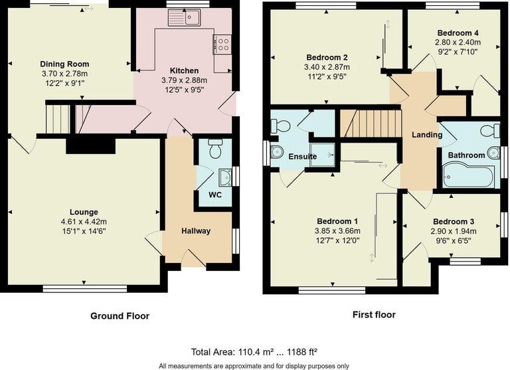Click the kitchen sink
(x=185, y=17)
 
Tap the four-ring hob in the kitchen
(x=222, y=45)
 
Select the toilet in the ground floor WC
(x=215, y=149)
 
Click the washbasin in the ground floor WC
(x=225, y=177)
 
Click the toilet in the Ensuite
(x=280, y=126)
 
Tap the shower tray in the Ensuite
(x=322, y=155)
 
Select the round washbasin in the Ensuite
(x=277, y=151)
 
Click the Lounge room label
(x=84, y=212)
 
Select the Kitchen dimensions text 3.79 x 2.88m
(x=184, y=80)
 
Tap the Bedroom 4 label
(x=458, y=33)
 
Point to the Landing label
(x=427, y=135)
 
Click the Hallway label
(x=196, y=231)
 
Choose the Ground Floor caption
(x=120, y=316)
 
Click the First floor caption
(x=374, y=315)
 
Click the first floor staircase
(x=371, y=124)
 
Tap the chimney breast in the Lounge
(x=91, y=146)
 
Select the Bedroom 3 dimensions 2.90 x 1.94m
(x=454, y=231)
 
